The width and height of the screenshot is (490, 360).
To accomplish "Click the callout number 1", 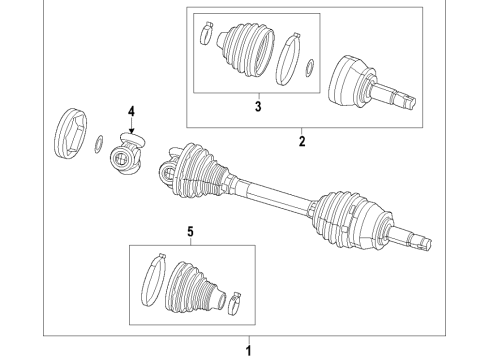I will click(x=250, y=351).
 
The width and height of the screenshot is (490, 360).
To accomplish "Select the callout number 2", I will click(x=301, y=142).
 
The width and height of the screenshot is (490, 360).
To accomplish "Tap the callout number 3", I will click(x=256, y=105).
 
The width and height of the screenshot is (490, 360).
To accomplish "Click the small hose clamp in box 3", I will click(x=205, y=33).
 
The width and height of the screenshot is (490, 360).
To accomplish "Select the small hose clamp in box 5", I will click(x=236, y=297).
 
